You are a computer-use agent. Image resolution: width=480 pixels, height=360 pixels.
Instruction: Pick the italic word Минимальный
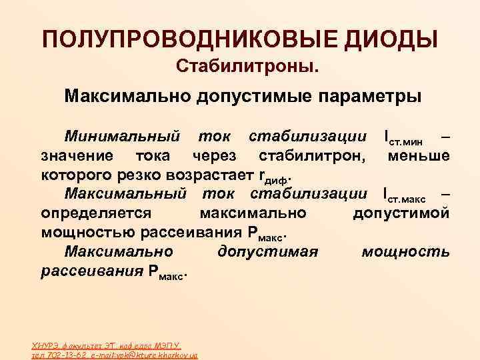[x=122, y=137]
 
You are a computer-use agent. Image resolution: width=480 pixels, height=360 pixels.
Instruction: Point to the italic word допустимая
[x=267, y=253]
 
